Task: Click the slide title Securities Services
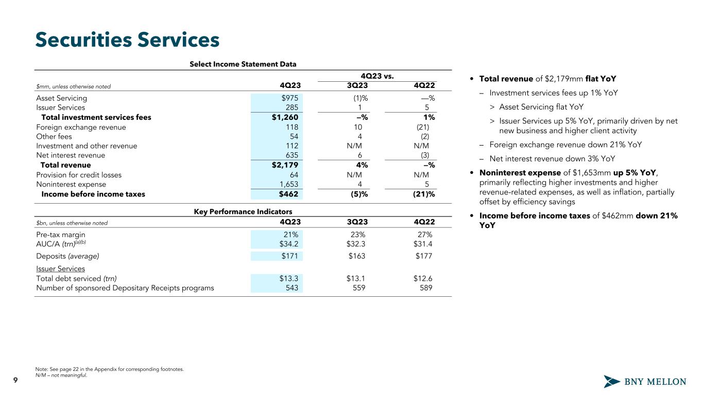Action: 127,40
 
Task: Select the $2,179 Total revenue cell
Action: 284,165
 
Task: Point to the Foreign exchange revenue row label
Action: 81,127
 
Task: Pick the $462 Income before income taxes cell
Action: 288,194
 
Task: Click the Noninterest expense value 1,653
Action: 288,184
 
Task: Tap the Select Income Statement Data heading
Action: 243,64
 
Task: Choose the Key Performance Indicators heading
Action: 243,211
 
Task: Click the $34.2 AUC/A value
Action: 288,244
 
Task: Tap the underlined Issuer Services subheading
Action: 60,268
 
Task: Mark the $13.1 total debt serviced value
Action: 356,279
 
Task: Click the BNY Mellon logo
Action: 645,382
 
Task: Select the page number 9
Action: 15,380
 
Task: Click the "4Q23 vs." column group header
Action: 377,77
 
